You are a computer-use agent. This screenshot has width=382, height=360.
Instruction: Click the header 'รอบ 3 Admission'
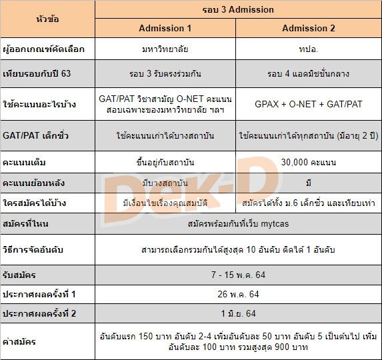coord(237,10)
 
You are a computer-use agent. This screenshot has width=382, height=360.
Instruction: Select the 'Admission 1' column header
coord(165,28)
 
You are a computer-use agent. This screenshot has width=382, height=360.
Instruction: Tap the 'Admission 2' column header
coord(309,28)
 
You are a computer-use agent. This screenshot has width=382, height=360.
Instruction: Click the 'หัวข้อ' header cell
coord(47,19)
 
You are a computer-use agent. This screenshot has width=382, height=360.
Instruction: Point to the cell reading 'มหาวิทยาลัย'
coord(165,49)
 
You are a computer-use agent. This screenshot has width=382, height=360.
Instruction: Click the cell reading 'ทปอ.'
coord(309,49)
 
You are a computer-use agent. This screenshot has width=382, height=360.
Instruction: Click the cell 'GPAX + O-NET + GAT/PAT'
coord(309,104)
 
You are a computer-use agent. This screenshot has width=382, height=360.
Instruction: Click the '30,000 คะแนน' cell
coord(309,162)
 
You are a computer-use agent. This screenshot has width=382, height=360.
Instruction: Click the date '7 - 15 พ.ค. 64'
coord(237,275)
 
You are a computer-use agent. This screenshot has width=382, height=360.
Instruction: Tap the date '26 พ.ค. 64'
coord(237,295)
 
